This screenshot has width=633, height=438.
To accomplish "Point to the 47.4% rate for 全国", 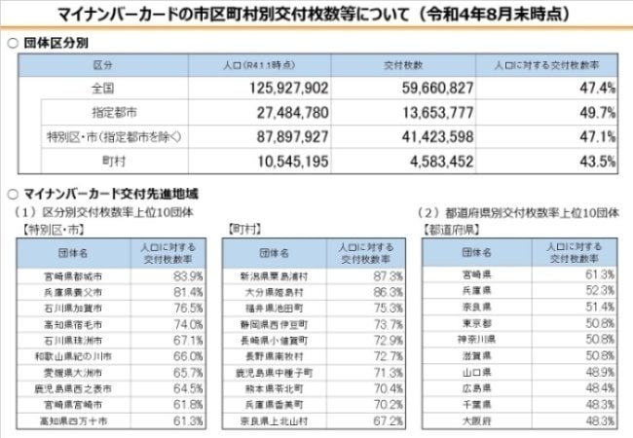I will [x=596, y=88].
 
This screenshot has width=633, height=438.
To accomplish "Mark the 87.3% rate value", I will [x=386, y=275].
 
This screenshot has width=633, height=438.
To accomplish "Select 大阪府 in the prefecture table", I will [x=471, y=420].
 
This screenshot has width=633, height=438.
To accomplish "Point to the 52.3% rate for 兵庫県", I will [x=593, y=291].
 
